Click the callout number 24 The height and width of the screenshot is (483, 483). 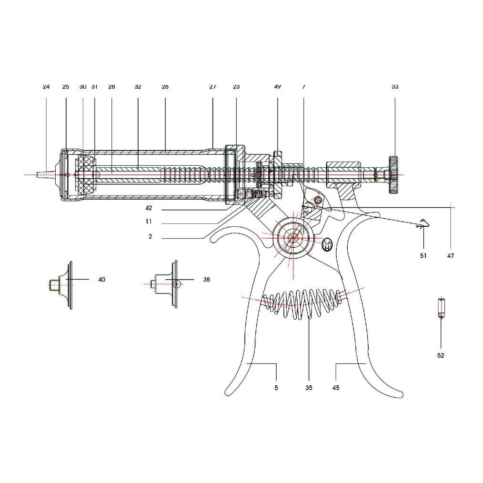pyautogui.click(x=46, y=87)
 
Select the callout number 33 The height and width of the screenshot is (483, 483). pyautogui.click(x=395, y=87)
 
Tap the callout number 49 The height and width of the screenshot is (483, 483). pyautogui.click(x=277, y=87)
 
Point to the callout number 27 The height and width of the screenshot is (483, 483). pyautogui.click(x=212, y=87)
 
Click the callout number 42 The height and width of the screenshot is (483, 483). pyautogui.click(x=150, y=208)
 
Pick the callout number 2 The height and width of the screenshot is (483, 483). pyautogui.click(x=150, y=237)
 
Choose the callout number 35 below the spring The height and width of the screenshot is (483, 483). pyautogui.click(x=309, y=388)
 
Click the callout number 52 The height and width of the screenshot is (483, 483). pyautogui.click(x=441, y=355)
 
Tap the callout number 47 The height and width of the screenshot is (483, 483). pyautogui.click(x=451, y=256)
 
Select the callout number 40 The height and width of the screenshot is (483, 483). pyautogui.click(x=101, y=280)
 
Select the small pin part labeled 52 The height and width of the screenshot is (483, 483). pyautogui.click(x=441, y=308)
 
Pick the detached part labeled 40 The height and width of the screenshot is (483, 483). pyautogui.click(x=63, y=284)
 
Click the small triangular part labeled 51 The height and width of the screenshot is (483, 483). pyautogui.click(x=423, y=223)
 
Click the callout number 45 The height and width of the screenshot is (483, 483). pyautogui.click(x=336, y=388)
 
